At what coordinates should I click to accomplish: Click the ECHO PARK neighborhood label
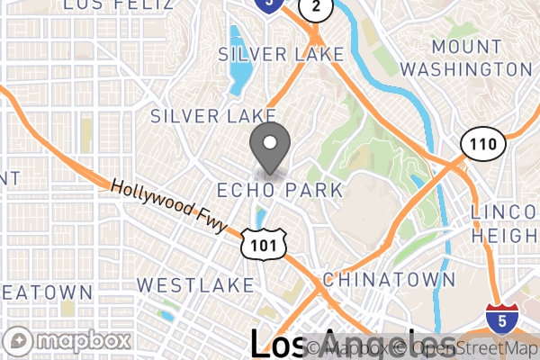coord(280,190)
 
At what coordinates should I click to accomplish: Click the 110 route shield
coord(477,142)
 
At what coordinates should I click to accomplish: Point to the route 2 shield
coord(313,8)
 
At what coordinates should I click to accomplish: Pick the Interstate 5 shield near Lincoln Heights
coord(501,318)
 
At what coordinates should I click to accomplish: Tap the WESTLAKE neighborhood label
coord(195,285)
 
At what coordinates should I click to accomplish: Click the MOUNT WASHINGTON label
coord(467,57)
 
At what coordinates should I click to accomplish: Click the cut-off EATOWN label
coord(45,292)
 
